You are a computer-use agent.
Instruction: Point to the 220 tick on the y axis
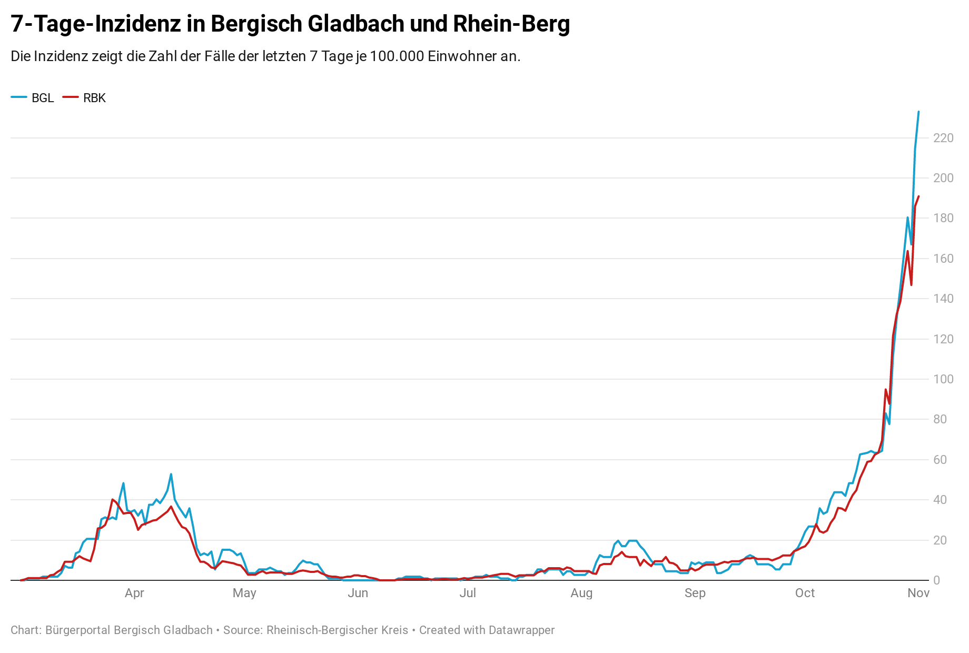point(943,138)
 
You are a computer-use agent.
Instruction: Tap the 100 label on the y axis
point(943,379)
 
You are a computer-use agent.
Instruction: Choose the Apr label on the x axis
point(134,593)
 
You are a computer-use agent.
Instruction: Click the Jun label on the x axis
point(358,593)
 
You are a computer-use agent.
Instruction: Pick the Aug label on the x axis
point(581,593)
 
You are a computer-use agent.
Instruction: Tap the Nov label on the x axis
point(918,593)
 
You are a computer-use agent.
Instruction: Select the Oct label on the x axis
point(805,593)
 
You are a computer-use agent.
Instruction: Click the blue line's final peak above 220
point(918,112)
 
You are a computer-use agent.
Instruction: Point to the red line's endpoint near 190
point(918,196)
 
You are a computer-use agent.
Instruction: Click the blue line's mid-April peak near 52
point(171,474)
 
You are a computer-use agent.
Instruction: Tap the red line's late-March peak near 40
point(113,499)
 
